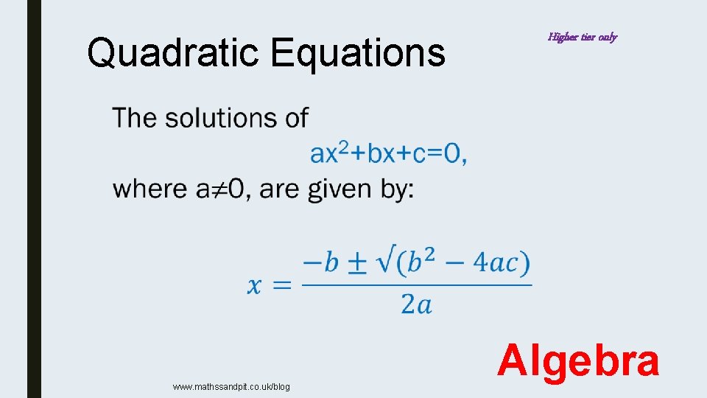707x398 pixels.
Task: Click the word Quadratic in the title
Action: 175,53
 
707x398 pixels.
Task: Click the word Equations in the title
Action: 358,53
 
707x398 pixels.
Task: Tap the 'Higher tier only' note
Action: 582,37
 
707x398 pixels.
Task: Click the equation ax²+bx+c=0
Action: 388,153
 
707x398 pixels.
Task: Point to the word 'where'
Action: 152,189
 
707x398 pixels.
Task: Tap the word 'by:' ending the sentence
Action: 398,189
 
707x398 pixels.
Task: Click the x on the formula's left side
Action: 254,285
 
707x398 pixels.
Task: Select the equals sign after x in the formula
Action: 281,285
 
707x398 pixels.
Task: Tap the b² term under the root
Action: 428,263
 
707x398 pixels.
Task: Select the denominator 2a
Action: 416,304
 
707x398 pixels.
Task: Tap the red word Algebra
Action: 578,363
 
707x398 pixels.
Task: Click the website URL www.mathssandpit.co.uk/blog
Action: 231,387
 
